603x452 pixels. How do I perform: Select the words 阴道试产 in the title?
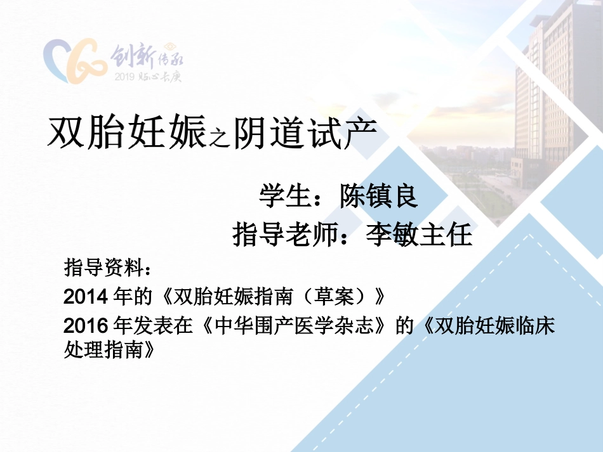pos(305,132)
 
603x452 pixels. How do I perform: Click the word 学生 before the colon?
pos(283,196)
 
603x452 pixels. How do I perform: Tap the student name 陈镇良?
pos(378,196)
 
